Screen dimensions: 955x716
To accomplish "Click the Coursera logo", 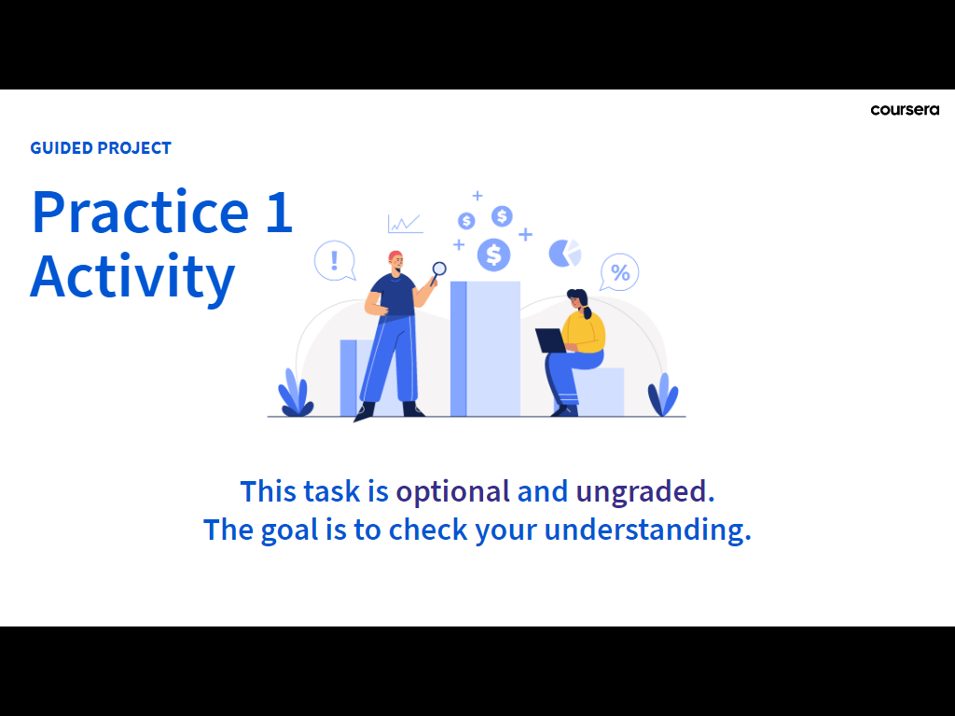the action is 905,110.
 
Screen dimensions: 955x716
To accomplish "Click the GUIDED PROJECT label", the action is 101,148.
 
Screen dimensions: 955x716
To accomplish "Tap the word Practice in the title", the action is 141,212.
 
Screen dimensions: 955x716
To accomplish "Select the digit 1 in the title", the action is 280,213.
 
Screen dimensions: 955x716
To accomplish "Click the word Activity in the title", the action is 132,277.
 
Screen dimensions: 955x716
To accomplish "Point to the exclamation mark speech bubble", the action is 335,261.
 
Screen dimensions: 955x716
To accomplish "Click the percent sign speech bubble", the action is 619,272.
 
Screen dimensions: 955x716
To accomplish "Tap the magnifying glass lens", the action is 439,268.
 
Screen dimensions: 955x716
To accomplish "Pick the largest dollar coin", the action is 493,255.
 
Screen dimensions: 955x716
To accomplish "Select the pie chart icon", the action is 564,254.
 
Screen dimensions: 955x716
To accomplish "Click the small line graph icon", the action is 405,224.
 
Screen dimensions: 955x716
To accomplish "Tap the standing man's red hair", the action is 395,255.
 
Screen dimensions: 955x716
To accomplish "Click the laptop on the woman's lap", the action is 551,340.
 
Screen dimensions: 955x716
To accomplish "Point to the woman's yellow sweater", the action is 584,333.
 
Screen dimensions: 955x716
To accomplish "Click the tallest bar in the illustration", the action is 485,349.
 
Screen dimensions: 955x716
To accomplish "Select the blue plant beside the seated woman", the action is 663,394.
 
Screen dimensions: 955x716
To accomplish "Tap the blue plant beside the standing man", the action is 296,392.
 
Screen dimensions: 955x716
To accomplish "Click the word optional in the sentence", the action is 453,491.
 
